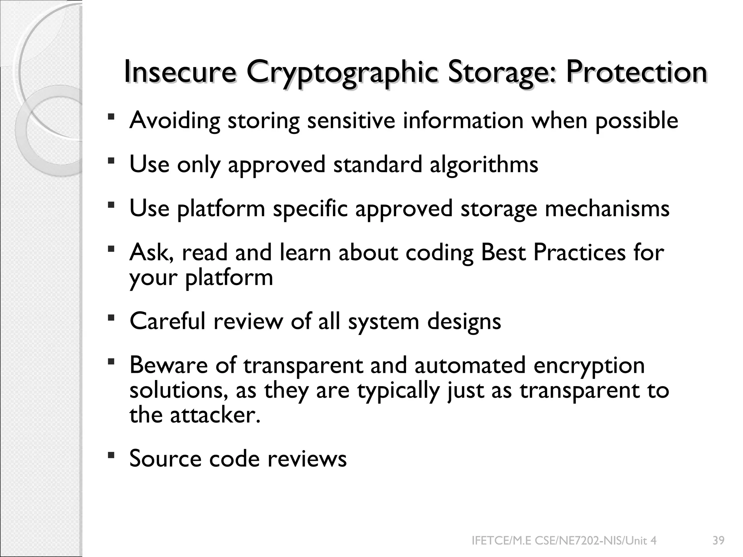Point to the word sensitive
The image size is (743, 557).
click(351, 120)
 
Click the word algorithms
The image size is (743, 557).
click(484, 165)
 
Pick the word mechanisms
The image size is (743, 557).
click(607, 209)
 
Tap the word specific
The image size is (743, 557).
click(310, 209)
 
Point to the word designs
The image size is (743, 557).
click(464, 321)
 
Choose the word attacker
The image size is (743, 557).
click(215, 414)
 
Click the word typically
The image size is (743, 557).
click(398, 391)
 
